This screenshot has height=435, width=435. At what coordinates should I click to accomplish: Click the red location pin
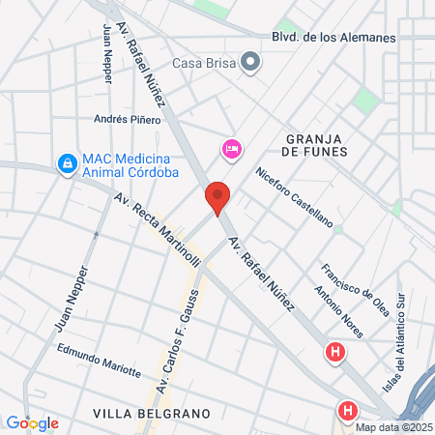pyautogui.click(x=217, y=197)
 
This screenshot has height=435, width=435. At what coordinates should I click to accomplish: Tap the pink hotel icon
pyautogui.click(x=232, y=148)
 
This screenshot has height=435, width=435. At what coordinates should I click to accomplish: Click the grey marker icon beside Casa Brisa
pyautogui.click(x=251, y=64)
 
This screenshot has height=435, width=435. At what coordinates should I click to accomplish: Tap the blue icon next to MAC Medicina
pyautogui.click(x=67, y=165)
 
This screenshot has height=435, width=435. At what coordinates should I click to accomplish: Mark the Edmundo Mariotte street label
pyautogui.click(x=99, y=365)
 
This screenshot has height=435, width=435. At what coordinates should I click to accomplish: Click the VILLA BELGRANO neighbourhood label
pyautogui.click(x=152, y=413)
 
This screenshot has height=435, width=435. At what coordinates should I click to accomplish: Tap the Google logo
pyautogui.click(x=33, y=422)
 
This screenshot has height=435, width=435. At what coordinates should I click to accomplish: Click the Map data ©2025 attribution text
pyautogui.click(x=393, y=426)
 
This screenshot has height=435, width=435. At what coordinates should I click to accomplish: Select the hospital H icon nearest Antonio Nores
pyautogui.click(x=335, y=353)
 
